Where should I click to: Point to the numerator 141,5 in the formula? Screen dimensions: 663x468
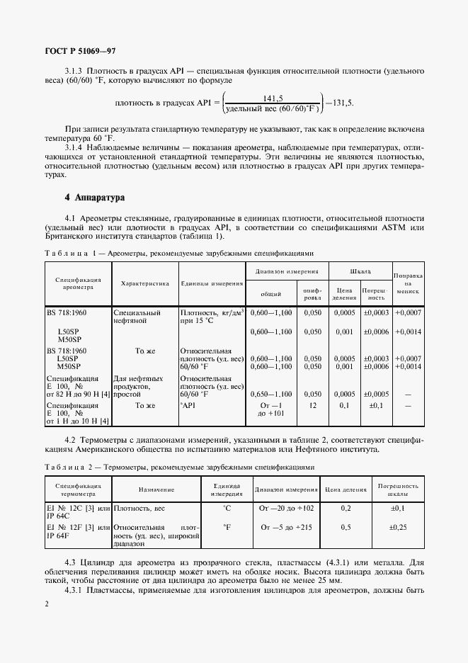click(273, 98)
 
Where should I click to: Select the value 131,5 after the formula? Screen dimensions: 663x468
click(341, 103)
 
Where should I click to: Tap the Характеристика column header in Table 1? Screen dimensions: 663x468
click(144, 283)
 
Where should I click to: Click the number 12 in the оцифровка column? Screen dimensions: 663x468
click(312, 405)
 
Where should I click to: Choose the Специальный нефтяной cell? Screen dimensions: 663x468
click(136, 316)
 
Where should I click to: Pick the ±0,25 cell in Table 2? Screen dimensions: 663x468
click(398, 527)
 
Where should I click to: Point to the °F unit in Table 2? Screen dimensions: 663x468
click(227, 527)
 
